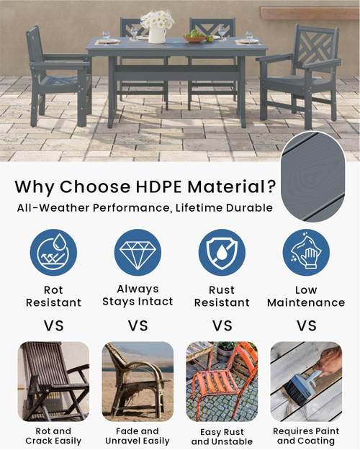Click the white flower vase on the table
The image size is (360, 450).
(157, 33)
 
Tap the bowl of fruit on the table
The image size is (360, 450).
(194, 36)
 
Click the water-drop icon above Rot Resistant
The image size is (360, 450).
(53, 252)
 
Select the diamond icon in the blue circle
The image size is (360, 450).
(137, 252)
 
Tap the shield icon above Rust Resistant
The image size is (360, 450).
(222, 252)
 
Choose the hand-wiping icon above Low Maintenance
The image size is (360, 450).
(306, 252)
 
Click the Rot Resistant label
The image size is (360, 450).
(53, 296)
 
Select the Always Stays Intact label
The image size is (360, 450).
(137, 295)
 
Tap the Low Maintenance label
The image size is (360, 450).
(306, 296)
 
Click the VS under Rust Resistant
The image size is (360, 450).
(222, 325)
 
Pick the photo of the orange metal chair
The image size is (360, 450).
(222, 382)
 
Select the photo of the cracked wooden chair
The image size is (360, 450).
(53, 382)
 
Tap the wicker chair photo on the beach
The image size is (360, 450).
(137, 382)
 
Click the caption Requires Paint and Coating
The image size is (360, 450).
(306, 436)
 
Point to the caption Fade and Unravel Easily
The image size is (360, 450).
(137, 436)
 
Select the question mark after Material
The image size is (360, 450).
(270, 187)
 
